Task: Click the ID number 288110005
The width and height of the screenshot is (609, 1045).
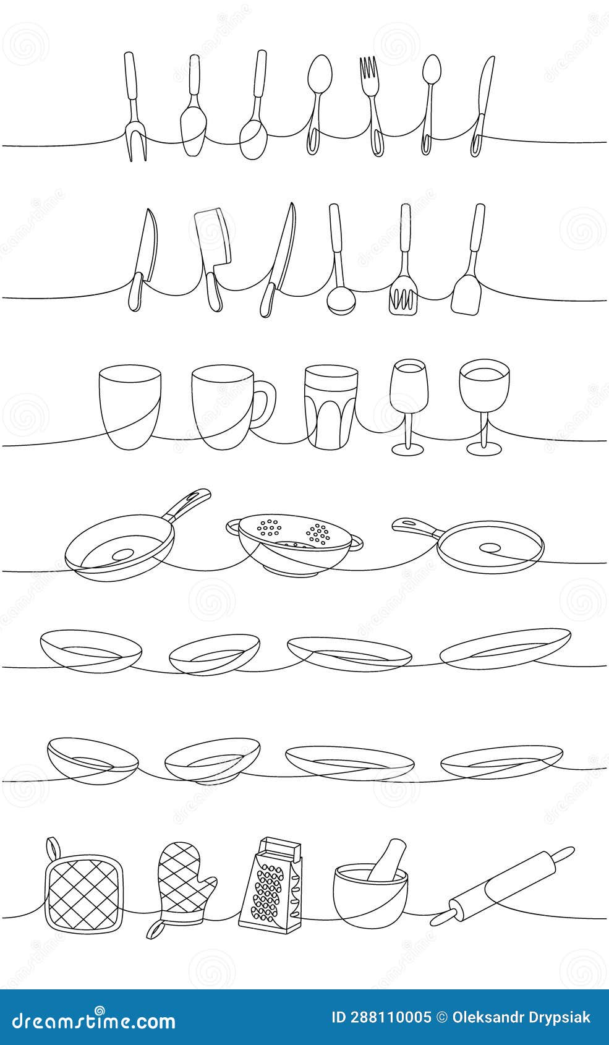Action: click(x=381, y=1017)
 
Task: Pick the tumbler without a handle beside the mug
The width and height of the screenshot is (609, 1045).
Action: click(x=130, y=405)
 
